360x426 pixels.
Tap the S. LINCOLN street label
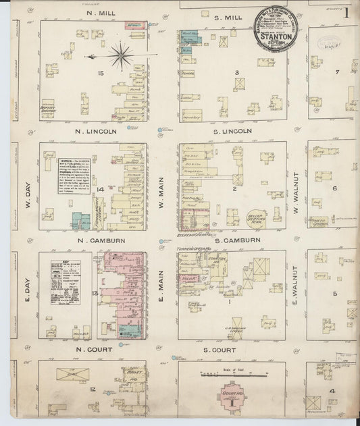click(x=233, y=131)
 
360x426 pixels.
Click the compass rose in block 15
click(x=122, y=55)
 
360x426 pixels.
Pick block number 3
click(x=236, y=72)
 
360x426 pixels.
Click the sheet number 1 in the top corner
click(x=346, y=11)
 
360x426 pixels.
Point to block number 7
click(x=336, y=72)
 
